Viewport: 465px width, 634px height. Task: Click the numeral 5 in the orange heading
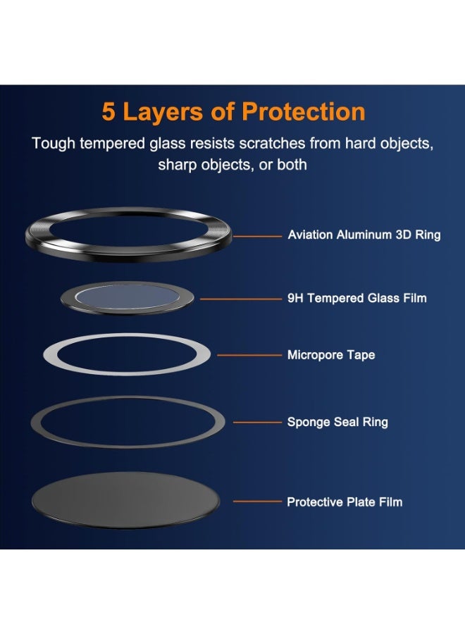click(108, 112)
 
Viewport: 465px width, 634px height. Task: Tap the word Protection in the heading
click(303, 112)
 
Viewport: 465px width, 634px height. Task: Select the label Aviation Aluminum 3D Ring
click(364, 235)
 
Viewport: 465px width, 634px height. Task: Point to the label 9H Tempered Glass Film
click(356, 298)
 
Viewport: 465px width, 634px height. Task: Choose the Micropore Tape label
click(330, 355)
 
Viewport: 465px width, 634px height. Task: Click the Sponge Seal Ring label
click(337, 423)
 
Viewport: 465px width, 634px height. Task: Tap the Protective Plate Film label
click(345, 502)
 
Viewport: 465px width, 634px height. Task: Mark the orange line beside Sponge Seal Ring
click(257, 423)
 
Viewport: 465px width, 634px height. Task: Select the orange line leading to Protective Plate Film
click(257, 502)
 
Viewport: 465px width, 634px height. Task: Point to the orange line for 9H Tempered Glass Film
click(240, 299)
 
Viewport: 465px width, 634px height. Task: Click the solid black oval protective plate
click(125, 501)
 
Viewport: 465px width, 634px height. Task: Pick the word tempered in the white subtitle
click(107, 144)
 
